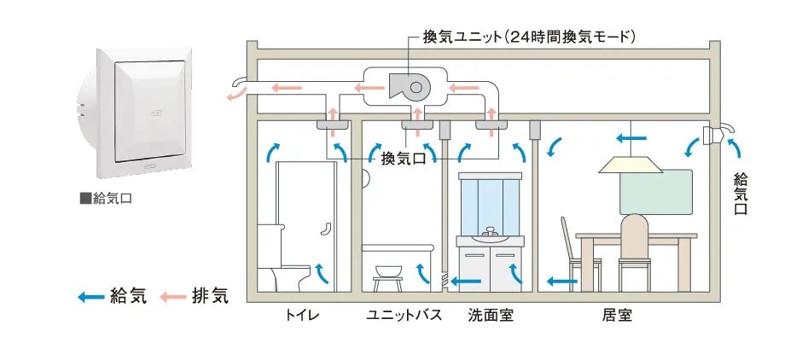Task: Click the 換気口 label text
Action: [403, 158]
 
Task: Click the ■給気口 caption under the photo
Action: [105, 199]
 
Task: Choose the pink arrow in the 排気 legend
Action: [173, 297]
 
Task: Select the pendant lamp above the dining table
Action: [632, 165]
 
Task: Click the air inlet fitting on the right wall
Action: [715, 134]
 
